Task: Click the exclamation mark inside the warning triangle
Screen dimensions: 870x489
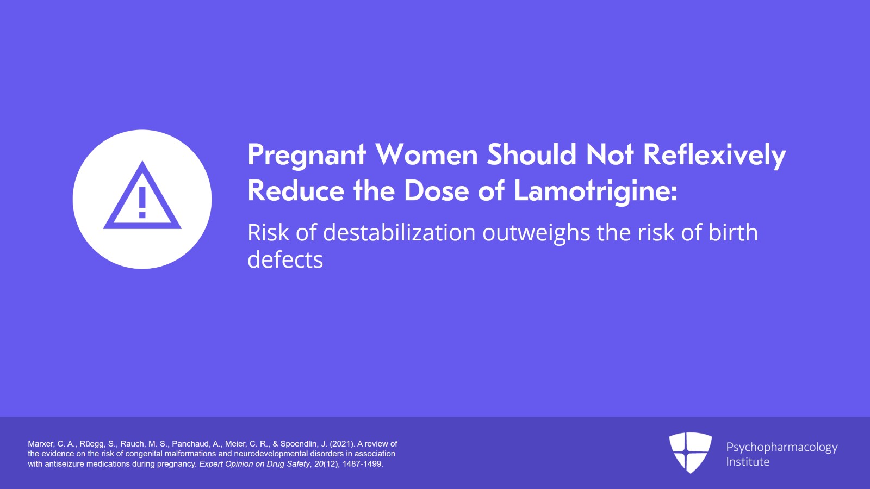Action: point(142,202)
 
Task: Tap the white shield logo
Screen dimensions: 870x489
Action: point(690,453)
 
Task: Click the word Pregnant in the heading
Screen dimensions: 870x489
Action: point(307,156)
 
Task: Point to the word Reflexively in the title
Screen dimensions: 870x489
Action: point(714,156)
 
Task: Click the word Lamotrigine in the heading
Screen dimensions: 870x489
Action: point(596,191)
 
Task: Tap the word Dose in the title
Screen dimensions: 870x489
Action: point(437,191)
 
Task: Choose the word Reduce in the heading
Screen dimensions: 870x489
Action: point(296,191)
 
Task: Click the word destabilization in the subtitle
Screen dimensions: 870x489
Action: point(399,232)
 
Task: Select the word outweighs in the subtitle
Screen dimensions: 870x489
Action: point(536,233)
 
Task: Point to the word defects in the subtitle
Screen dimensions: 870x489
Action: point(285,259)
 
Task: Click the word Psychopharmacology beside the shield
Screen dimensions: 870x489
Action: point(782,448)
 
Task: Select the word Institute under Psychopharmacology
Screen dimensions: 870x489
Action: point(748,462)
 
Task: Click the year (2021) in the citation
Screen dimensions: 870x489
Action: point(342,443)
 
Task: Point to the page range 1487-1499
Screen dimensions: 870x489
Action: point(363,464)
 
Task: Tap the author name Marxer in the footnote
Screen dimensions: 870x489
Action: point(41,443)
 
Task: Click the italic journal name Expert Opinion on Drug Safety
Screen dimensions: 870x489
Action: point(254,464)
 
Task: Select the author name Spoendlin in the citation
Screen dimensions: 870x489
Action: point(299,443)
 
